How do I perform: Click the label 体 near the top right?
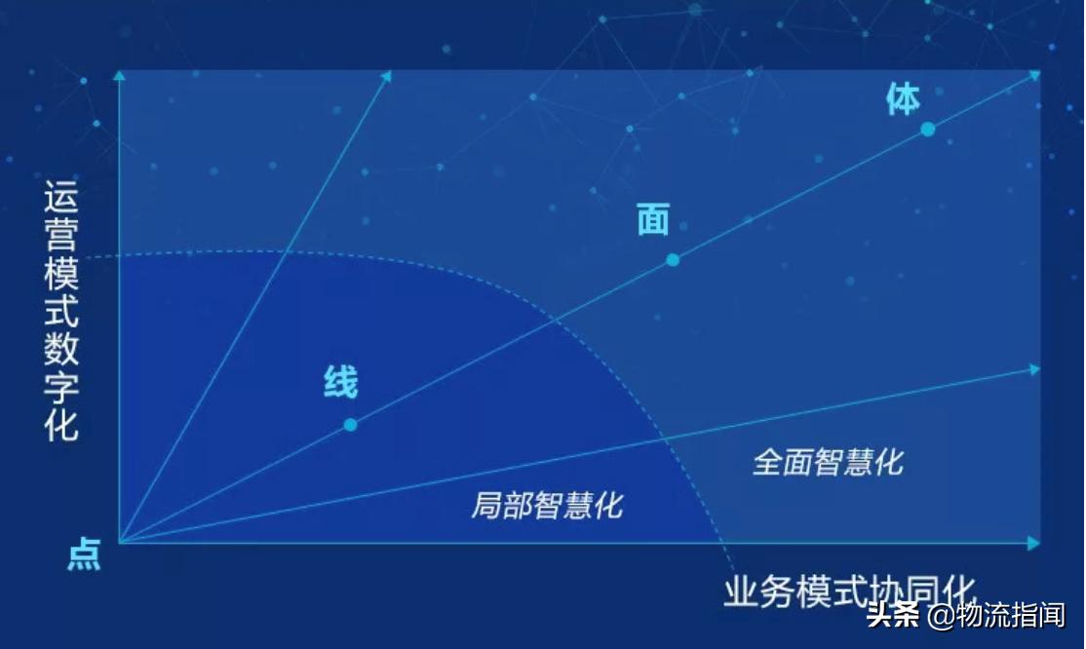pyautogui.click(x=903, y=98)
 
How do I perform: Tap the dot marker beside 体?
pyautogui.click(x=927, y=129)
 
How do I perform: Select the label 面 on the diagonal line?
pyautogui.click(x=653, y=220)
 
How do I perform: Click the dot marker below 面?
pyautogui.click(x=672, y=259)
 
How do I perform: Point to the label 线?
pyautogui.click(x=340, y=382)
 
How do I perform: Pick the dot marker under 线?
pyautogui.click(x=350, y=425)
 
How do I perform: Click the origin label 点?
pyautogui.click(x=84, y=555)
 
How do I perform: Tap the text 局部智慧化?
pyautogui.click(x=546, y=505)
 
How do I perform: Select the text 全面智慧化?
pyautogui.click(x=827, y=461)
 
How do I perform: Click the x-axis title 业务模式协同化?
pyautogui.click(x=849, y=591)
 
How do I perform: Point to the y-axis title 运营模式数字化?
pyautogui.click(x=61, y=312)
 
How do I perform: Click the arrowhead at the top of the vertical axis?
pyautogui.click(x=119, y=74)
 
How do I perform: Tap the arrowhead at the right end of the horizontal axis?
pyautogui.click(x=1034, y=542)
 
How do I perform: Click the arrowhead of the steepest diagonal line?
pyautogui.click(x=386, y=75)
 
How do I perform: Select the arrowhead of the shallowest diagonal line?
pyautogui.click(x=1034, y=369)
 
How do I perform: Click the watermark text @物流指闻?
pyautogui.click(x=995, y=616)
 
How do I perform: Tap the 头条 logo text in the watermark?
pyautogui.click(x=893, y=616)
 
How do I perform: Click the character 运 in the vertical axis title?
pyautogui.click(x=61, y=199)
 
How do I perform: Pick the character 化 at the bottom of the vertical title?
pyautogui.click(x=61, y=425)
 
